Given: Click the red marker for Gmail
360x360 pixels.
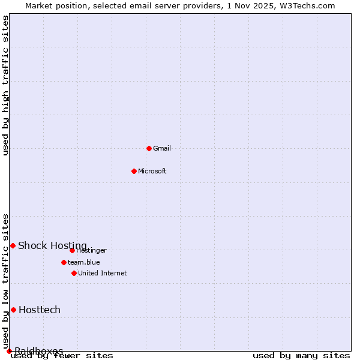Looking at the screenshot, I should tap(149, 148).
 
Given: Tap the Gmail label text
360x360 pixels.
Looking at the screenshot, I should tap(162, 148).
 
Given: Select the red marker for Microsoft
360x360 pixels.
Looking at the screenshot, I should tap(134, 171).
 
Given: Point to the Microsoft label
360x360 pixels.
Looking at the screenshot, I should tap(152, 171).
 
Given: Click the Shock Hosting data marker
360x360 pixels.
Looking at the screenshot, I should tap(13, 245).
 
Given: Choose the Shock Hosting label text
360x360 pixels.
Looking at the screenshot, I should tap(52, 245).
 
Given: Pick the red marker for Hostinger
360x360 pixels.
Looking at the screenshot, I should tap(72, 250).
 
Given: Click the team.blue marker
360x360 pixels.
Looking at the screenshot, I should tap(64, 262).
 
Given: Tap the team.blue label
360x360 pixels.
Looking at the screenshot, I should tap(84, 262).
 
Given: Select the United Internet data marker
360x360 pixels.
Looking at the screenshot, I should tap(74, 273).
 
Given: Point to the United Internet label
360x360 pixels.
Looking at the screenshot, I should tap(103, 273).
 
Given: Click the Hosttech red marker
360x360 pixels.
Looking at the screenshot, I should tap(13, 310).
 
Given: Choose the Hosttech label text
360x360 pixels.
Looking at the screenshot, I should tap(40, 310).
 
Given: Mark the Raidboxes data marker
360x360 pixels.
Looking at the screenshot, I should tap(9, 351).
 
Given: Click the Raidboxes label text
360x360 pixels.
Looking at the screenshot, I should tap(39, 351).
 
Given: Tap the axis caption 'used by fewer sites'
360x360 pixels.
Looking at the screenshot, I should tap(62, 355).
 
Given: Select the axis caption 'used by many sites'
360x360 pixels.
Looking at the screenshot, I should tap(301, 355).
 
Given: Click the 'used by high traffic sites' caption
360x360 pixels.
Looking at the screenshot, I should tap(6, 85).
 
